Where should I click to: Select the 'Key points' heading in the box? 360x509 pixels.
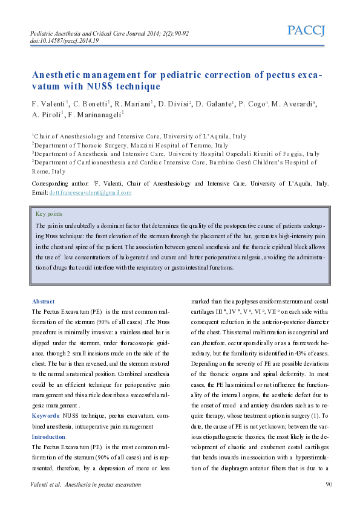pos(49,214)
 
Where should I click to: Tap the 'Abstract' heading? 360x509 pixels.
pos(43,301)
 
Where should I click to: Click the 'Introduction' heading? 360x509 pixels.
pos(48,436)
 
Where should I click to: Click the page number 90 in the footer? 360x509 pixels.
pos(329,484)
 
